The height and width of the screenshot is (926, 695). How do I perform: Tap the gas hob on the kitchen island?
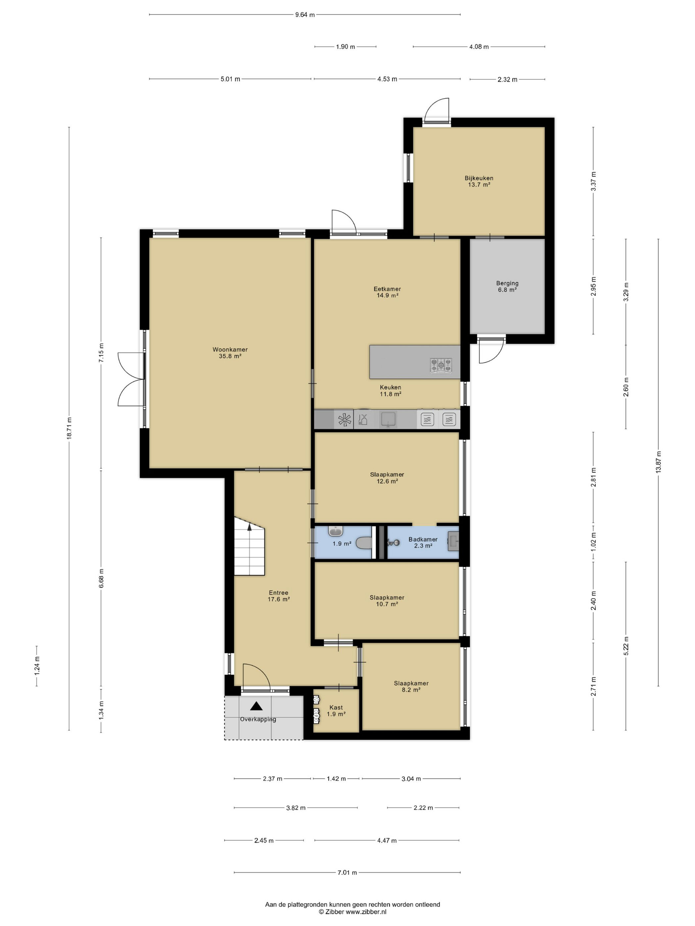pyautogui.click(x=441, y=365)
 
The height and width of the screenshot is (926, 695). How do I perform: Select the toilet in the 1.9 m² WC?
pyautogui.click(x=364, y=543)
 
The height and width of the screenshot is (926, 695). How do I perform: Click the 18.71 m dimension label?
pyautogui.click(x=69, y=428)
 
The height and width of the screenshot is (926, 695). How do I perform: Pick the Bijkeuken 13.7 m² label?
pyautogui.click(x=479, y=181)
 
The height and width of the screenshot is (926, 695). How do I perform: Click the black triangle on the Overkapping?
pyautogui.click(x=256, y=706)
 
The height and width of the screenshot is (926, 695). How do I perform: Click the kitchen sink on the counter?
pyautogui.click(x=388, y=419)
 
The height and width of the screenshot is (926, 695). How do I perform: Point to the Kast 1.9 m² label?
pyautogui.click(x=336, y=711)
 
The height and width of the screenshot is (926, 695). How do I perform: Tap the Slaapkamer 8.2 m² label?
pyautogui.click(x=411, y=687)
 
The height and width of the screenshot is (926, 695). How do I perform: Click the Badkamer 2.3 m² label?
pyautogui.click(x=423, y=543)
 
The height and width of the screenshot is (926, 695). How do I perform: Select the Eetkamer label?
pyautogui.click(x=387, y=289)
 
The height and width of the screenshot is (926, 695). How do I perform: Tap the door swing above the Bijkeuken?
pyautogui.click(x=436, y=110)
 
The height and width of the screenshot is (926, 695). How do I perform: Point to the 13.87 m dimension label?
pyautogui.click(x=658, y=462)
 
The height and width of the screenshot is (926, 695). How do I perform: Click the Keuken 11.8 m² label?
pyautogui.click(x=391, y=390)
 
